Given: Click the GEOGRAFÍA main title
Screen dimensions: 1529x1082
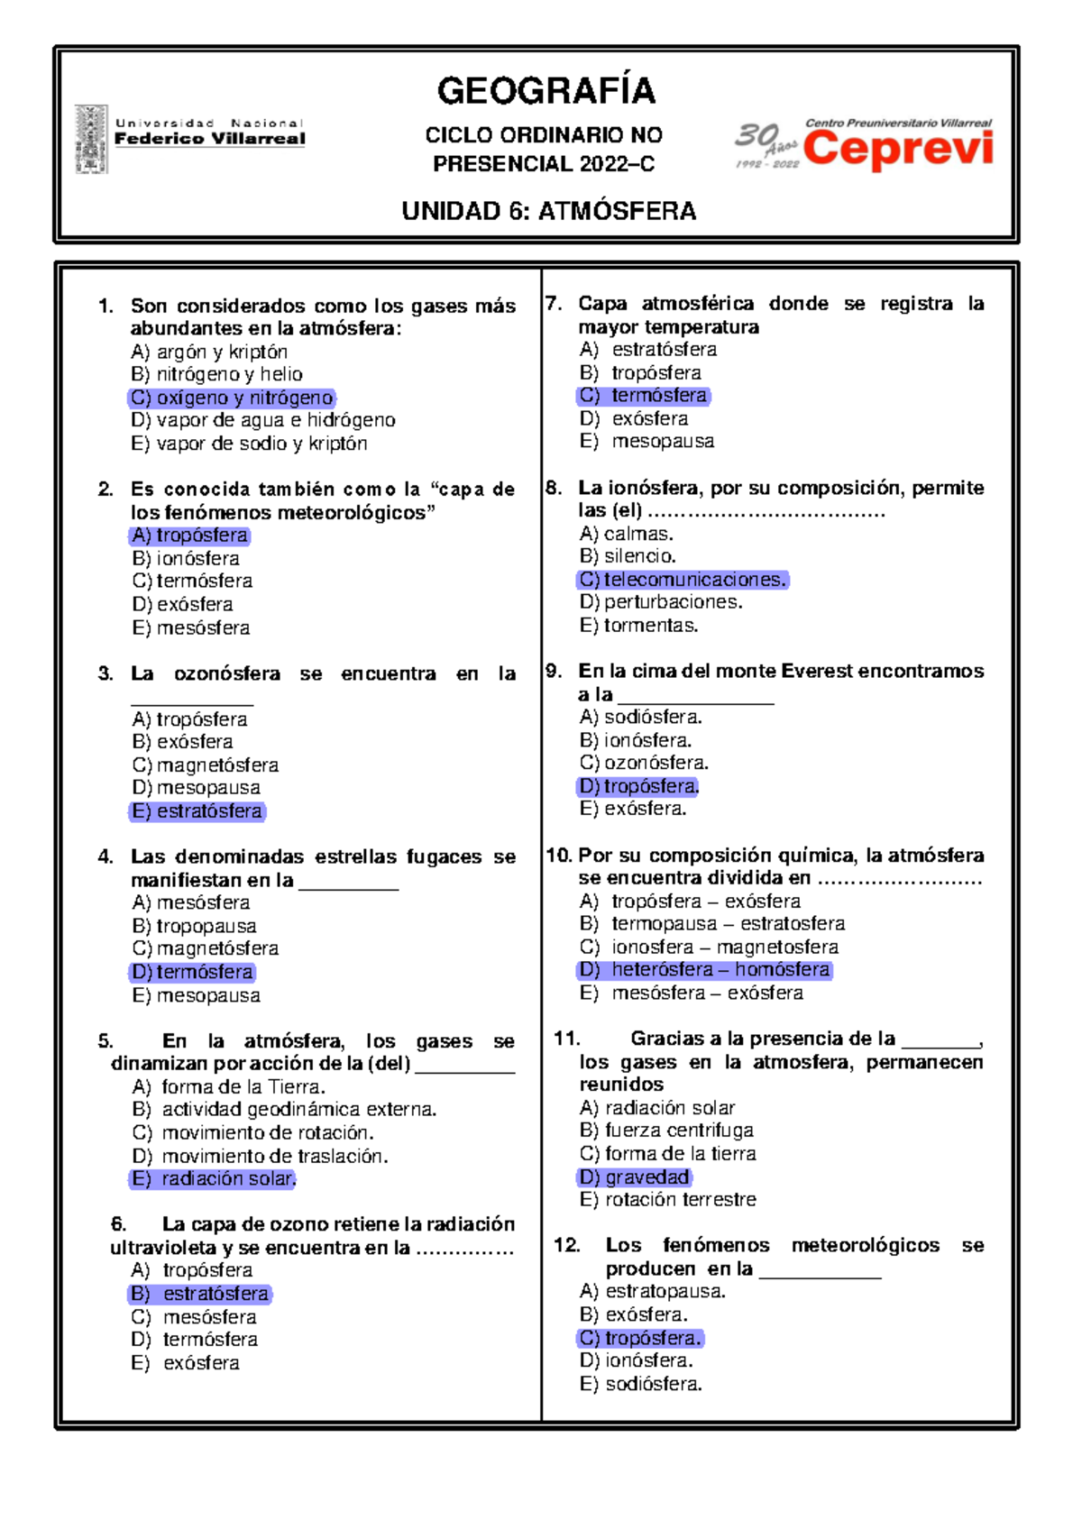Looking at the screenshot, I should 546,91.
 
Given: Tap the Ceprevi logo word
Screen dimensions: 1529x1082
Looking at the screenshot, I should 898,150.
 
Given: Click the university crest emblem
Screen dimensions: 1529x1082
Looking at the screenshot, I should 91,139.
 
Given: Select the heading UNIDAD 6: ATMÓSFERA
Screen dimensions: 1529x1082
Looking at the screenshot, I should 548,211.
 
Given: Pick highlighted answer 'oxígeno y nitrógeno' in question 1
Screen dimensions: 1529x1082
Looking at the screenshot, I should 232,398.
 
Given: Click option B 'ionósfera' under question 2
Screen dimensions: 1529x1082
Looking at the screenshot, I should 186,558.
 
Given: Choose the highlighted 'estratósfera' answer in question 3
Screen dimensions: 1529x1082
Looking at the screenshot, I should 197,810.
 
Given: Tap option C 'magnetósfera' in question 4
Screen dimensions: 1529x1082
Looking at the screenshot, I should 206,948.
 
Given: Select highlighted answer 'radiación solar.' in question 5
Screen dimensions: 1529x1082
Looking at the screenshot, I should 214,1178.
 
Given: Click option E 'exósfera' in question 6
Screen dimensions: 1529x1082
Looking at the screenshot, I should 186,1362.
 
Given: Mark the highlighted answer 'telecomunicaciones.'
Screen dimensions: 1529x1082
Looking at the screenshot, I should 683,580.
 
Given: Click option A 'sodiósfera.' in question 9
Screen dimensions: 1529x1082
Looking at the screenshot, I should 640,717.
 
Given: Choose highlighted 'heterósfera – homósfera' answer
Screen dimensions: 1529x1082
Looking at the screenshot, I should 705,969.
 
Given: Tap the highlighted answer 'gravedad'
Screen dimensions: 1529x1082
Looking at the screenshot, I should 635,1177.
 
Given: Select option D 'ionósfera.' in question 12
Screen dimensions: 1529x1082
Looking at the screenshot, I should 636,1360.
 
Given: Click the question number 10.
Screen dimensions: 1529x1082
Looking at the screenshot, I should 558,855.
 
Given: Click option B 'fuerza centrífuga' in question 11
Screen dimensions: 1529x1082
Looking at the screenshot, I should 666,1130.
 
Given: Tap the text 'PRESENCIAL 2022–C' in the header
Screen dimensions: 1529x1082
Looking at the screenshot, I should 544,164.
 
